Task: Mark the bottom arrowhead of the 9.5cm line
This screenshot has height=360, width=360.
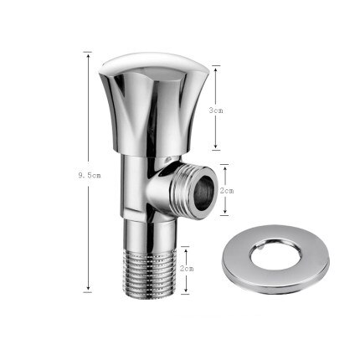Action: click(86, 292)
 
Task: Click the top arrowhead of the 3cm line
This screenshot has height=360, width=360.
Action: click(216, 68)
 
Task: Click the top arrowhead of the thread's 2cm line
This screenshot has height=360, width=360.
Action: click(186, 246)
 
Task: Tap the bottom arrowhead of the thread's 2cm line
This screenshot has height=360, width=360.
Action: click(186, 292)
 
